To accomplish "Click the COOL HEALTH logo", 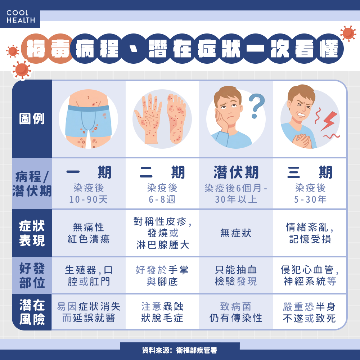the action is click(x=21, y=17).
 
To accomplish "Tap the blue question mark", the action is click(x=256, y=105).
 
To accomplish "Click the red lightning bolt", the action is click(x=329, y=121).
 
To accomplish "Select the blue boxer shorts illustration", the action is click(x=88, y=121).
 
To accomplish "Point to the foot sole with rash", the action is click(x=176, y=118).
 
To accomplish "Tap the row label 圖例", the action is click(x=32, y=118).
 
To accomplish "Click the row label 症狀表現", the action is click(x=32, y=233).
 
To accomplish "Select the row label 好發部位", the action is click(x=32, y=275).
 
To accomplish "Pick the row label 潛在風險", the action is click(x=32, y=312).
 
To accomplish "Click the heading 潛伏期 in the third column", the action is click(x=236, y=172).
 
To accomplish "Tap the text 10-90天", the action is click(x=89, y=199).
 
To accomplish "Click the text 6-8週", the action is click(x=162, y=199).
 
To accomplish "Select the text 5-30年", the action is click(x=310, y=199).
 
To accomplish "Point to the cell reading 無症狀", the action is click(x=236, y=233).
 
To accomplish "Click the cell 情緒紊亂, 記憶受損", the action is click(x=310, y=233).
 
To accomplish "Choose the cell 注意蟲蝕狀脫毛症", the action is click(x=162, y=312).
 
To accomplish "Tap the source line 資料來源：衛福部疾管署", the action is click(x=180, y=350).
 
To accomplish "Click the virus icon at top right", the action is click(x=348, y=33).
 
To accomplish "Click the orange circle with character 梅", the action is click(x=35, y=49).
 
